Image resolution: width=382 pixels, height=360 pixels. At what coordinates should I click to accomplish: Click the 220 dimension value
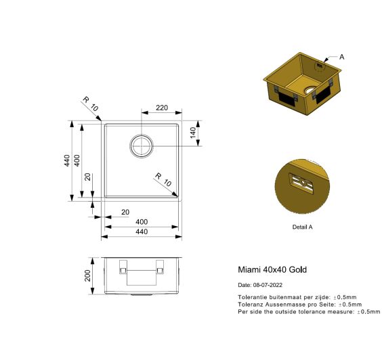(x=162, y=108)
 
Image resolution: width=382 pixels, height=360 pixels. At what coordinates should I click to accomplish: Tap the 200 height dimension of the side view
(x=87, y=275)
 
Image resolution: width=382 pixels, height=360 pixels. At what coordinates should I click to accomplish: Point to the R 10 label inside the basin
(x=162, y=180)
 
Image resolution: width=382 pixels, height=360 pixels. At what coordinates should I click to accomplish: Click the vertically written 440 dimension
(x=66, y=160)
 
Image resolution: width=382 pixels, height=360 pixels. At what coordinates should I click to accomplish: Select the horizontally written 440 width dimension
(x=142, y=231)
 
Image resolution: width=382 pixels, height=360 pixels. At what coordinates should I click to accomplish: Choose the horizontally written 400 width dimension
(x=142, y=222)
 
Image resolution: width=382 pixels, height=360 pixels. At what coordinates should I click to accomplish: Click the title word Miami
(x=248, y=269)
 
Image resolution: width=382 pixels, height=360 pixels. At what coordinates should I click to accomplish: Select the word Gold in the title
(x=297, y=269)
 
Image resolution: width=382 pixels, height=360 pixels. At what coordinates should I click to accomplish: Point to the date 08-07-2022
(x=268, y=285)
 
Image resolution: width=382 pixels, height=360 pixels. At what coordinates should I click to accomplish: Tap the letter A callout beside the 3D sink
(x=341, y=57)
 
